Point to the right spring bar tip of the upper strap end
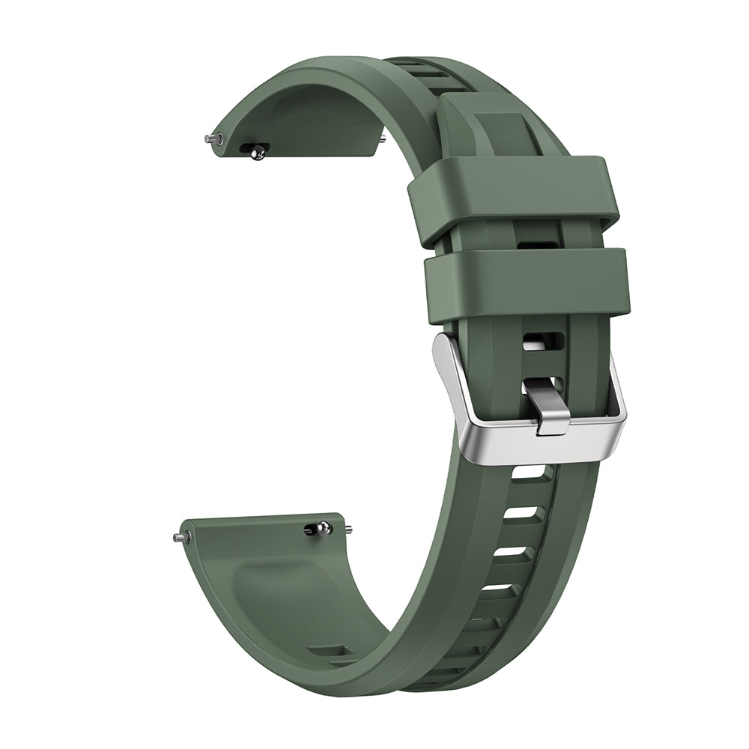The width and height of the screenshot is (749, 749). (383, 138)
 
